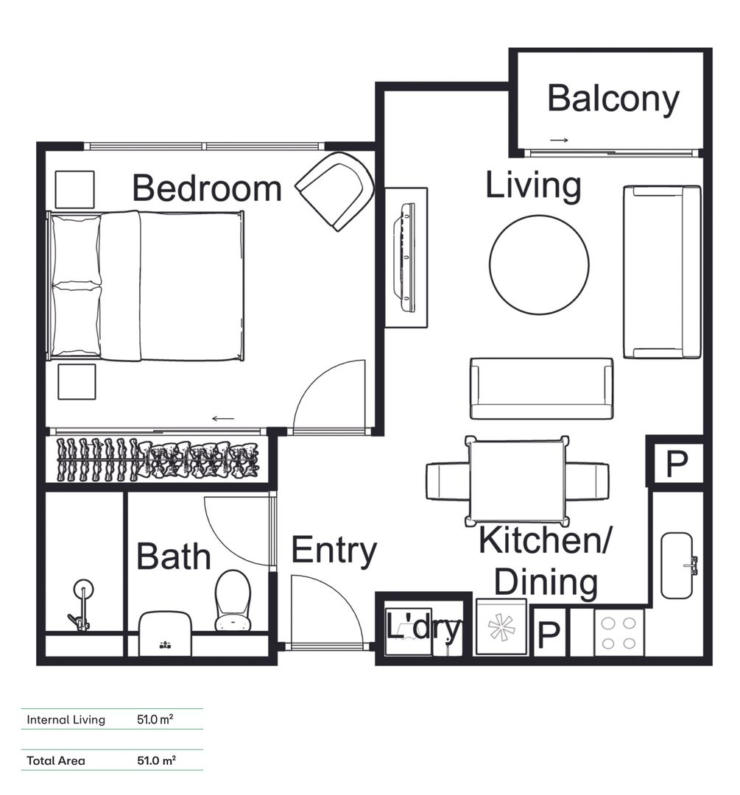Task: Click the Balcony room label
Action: pos(613,99)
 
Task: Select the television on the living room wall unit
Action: pos(407,258)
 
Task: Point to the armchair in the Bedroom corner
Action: pos(335,191)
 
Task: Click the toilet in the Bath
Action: pos(233,601)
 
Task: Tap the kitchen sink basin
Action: pos(677,565)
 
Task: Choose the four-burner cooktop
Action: pos(619,632)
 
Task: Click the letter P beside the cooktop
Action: pos(549,635)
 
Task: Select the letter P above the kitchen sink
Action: pos(676,464)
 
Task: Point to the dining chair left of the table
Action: pos(448,481)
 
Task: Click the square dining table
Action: pos(516,481)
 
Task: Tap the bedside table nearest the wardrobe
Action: pos(77,382)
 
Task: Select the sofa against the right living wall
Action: pos(662,272)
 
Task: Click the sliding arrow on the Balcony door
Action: pos(559,140)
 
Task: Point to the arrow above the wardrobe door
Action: pos(223,419)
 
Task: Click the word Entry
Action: pos(334,551)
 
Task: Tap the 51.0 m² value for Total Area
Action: pos(156,760)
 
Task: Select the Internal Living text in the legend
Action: pos(66,720)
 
